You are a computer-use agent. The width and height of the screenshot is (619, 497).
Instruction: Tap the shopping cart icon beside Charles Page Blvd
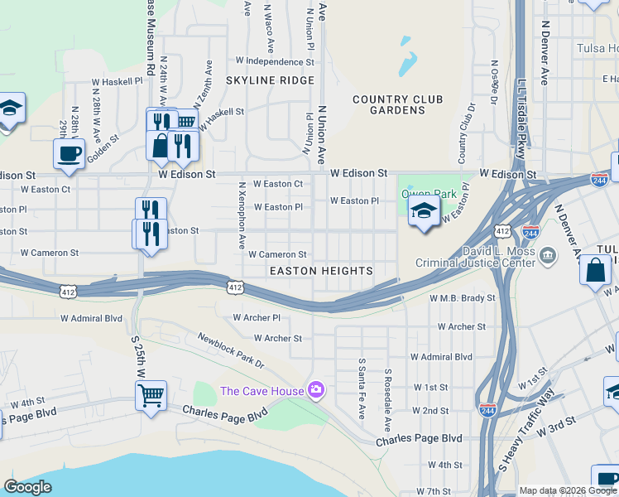point(151,396)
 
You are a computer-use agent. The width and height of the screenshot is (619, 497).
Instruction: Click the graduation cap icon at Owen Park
point(424,211)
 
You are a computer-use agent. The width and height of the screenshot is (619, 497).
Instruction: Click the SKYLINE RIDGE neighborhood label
point(270,80)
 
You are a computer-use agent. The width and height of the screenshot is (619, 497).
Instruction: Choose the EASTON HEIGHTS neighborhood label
point(320,271)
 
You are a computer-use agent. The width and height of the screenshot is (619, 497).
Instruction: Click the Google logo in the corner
point(27,487)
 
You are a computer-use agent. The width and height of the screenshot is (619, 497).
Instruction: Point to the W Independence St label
point(269,61)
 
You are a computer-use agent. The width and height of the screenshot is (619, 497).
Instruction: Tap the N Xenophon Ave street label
point(242,217)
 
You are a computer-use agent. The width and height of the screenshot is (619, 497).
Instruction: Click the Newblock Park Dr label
point(230,350)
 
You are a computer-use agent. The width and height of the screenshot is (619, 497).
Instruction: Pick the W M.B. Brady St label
point(462,298)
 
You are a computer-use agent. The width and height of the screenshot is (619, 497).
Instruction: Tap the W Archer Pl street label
point(257,317)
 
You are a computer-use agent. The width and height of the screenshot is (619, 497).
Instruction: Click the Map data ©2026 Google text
point(567,490)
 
